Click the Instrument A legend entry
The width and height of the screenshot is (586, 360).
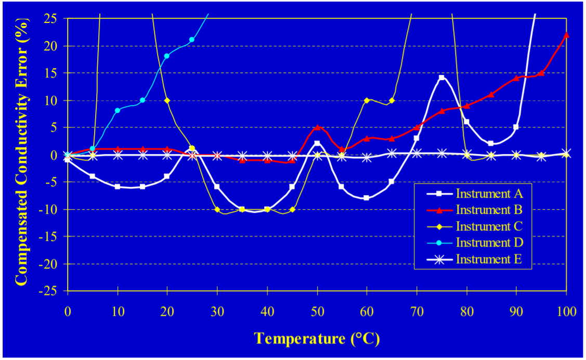pos(488,194)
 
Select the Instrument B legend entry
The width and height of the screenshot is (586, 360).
pos(488,210)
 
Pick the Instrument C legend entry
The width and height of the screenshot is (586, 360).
pos(488,226)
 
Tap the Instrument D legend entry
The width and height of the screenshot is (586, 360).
pos(488,242)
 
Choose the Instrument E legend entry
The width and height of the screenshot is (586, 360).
pos(488,259)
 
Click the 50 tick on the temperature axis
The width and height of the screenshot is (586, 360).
pos(317,312)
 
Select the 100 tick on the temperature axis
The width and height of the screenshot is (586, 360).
pos(566,312)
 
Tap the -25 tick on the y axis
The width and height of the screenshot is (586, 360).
pos(50,291)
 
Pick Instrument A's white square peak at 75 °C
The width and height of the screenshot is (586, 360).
pos(441,78)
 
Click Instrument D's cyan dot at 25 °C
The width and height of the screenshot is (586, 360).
pos(192,40)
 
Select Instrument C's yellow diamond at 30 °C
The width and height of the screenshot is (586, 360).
pos(217,210)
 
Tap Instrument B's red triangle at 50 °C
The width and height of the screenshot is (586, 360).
pos(317,127)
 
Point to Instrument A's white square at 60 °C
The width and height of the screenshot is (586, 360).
pos(367,198)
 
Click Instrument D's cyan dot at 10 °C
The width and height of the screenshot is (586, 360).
pos(118,110)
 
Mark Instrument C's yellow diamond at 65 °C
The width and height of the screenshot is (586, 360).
pos(392,100)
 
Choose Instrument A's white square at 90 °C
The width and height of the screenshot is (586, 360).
pos(516,127)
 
